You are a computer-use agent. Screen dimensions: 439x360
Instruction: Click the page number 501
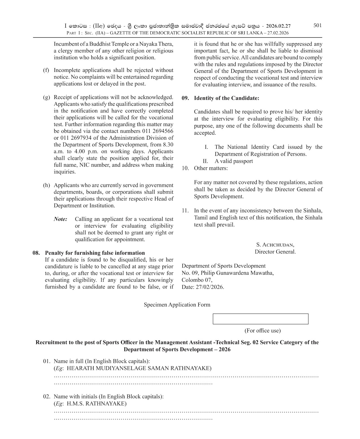pos(317,25)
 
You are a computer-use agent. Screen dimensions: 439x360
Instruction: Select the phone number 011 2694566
pos(158,131)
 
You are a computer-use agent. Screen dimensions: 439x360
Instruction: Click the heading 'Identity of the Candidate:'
pos(226,98)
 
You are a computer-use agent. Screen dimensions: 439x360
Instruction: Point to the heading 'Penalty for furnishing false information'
pos(95,253)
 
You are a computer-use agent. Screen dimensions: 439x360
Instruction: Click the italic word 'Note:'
pos(60,219)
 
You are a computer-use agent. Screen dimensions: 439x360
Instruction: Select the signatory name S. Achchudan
pos(275,245)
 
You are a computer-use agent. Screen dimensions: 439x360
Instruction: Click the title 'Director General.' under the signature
pos(275,252)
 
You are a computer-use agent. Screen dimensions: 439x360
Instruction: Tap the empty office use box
pos(260,319)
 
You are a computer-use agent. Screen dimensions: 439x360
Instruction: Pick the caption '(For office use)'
pos(262,331)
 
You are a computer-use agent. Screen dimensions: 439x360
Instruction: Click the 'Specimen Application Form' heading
pos(177,305)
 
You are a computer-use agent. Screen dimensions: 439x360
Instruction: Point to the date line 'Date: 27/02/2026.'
pos(203,287)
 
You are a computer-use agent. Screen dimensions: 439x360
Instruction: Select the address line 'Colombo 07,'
pos(197,280)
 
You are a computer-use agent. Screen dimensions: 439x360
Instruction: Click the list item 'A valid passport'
pos(234,161)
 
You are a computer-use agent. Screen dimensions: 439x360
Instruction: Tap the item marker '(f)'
pos(46,70)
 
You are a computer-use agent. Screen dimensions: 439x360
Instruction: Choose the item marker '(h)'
pos(46,185)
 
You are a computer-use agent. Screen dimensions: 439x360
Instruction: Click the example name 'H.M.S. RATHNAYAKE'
pos(97,403)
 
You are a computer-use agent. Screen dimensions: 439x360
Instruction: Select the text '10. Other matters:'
pos(205,168)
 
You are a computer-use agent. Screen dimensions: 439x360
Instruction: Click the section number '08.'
pos(36,253)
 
